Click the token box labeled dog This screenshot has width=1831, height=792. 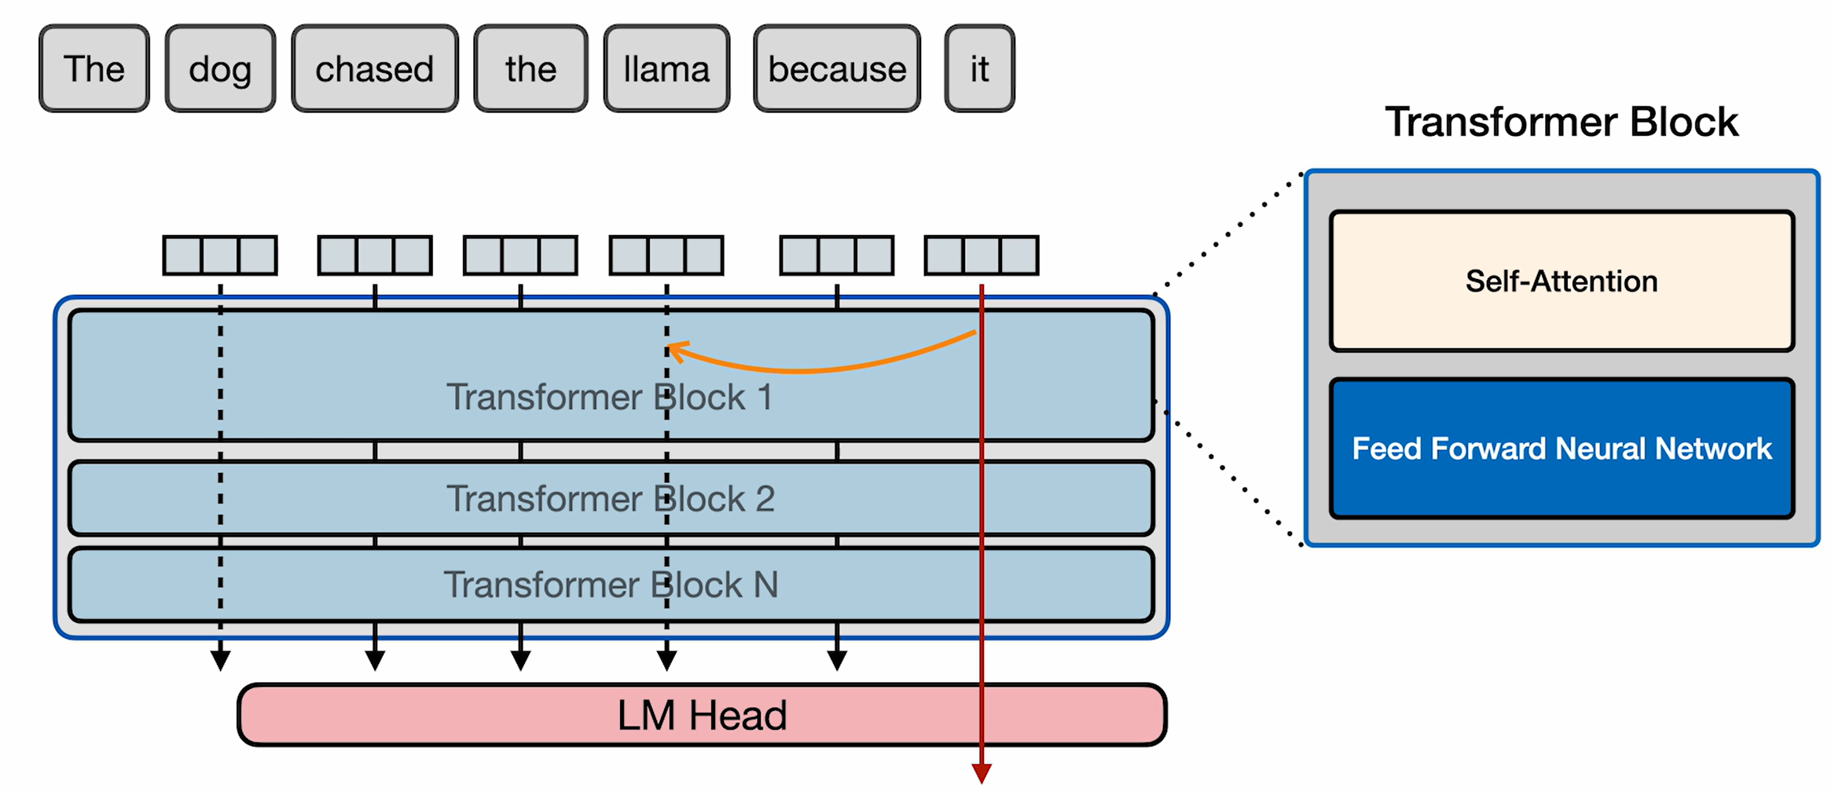coord(220,69)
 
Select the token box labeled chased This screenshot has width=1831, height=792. coord(375,69)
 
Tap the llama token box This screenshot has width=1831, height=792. coord(666,69)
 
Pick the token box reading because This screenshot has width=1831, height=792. coord(837,69)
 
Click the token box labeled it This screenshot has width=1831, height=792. coord(979,69)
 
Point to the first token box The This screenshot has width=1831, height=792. coord(94,69)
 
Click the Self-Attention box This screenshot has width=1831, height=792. coord(1561,281)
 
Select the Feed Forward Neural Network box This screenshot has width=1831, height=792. coord(1561,449)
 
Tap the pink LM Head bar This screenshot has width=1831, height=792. coord(702,715)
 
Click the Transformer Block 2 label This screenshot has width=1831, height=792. coord(611,499)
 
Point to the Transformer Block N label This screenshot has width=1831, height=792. coord(611,585)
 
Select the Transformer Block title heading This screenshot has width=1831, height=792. coord(1561,122)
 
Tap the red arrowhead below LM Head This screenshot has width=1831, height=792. coord(982,773)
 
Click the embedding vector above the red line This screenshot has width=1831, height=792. coord(982,255)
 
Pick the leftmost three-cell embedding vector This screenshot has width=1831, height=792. coord(220,255)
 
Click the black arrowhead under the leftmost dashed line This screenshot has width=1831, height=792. coord(221,660)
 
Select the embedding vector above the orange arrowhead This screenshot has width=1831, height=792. coord(666,255)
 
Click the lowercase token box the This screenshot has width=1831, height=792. coord(530,69)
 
